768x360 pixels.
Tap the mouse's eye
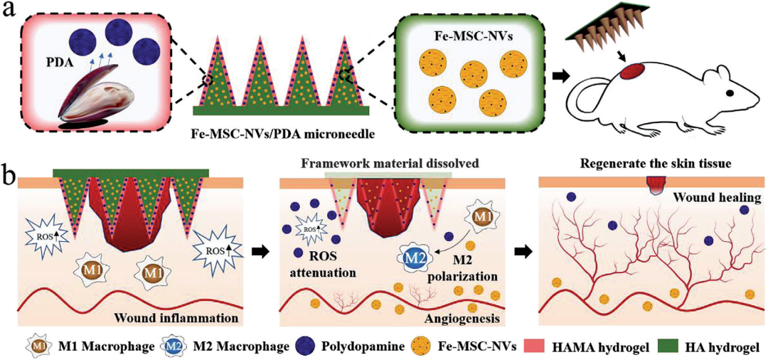(730, 92)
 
